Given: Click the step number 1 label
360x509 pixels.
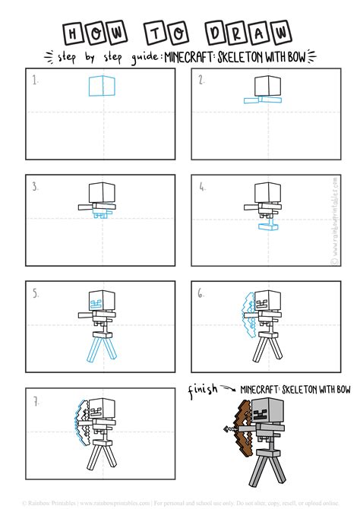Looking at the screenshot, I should point(34,78).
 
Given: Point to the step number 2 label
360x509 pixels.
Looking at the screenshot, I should point(202,78).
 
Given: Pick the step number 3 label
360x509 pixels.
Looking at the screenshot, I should point(34,185).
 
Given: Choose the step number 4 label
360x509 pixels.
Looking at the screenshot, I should point(202,185).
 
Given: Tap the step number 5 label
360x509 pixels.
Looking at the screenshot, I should point(34,292).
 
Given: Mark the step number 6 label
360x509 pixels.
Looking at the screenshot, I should point(202,292).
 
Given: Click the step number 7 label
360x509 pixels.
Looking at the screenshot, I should point(34,400).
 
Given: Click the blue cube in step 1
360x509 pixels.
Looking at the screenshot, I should point(100,86).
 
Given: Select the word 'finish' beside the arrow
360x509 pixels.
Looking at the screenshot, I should point(202,391).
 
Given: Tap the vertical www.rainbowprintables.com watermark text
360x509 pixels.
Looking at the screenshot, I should point(333,220).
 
